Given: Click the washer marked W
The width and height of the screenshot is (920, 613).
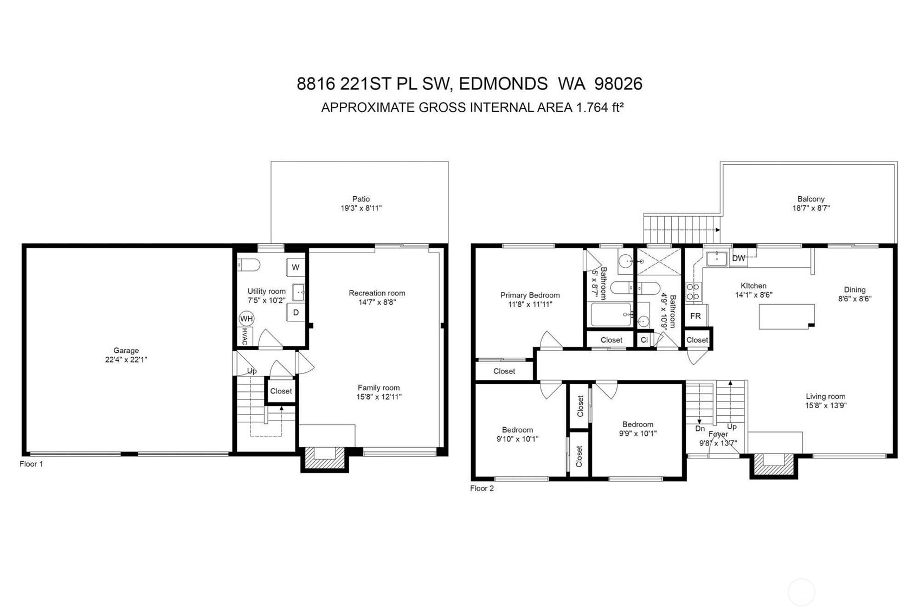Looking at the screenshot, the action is click(x=295, y=267).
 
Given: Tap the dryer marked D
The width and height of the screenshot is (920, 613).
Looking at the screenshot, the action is click(x=295, y=312).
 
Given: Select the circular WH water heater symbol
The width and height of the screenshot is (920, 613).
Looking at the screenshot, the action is click(x=247, y=319).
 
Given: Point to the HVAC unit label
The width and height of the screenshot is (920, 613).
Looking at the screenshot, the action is click(x=245, y=336).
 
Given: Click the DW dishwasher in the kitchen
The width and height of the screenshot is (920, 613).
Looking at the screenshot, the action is click(x=738, y=258).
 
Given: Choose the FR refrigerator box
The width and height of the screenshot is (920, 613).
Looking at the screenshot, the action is click(x=696, y=316).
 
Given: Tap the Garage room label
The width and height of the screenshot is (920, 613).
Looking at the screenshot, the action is click(x=126, y=350).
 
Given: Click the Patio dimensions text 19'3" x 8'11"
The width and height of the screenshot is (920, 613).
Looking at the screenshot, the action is click(x=361, y=208).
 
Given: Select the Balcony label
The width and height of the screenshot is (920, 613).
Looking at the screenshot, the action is click(x=810, y=199).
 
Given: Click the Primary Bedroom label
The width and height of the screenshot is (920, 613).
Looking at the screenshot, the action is click(x=530, y=295).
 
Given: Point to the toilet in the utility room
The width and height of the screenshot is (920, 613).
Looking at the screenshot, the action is click(x=248, y=265).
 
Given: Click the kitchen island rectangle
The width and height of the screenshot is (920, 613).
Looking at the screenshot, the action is click(x=787, y=317).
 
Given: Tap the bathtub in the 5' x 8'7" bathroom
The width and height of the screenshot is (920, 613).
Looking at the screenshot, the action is click(x=611, y=314).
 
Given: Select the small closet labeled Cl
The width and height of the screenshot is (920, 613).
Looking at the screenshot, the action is click(x=644, y=340).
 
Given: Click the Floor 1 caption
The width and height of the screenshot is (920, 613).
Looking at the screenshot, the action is click(x=31, y=464).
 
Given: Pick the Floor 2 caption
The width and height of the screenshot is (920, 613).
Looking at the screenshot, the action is click(x=482, y=488).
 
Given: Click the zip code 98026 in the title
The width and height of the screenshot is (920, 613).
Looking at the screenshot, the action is click(x=619, y=84).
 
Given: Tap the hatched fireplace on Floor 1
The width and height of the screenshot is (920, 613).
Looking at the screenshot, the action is click(x=324, y=459).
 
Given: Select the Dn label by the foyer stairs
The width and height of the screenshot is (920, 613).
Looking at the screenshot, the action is click(x=700, y=429).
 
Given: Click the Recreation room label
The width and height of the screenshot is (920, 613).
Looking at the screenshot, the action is click(x=377, y=293).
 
